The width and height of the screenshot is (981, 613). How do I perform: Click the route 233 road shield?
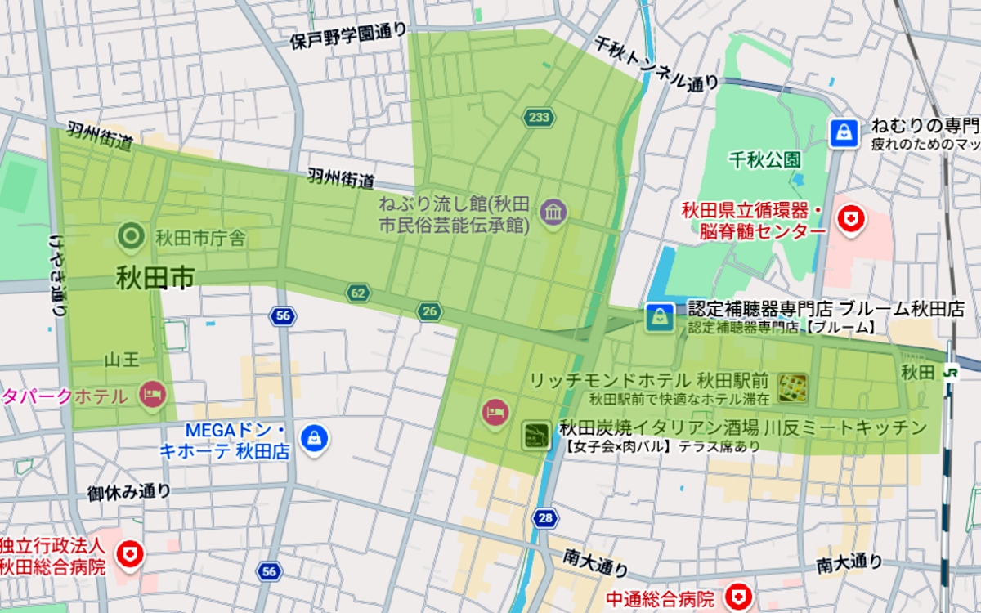coord(538,118)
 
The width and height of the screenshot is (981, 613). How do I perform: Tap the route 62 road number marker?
coord(357,293)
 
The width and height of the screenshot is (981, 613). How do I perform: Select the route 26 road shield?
coord(429,311)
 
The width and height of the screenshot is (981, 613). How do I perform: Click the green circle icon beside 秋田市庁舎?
coord(130,238)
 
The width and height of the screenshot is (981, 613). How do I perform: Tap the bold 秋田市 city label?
coord(155,278)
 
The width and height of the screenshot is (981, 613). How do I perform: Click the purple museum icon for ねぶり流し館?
coord(553,213)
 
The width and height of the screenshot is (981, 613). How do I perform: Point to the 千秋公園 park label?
coord(765,159)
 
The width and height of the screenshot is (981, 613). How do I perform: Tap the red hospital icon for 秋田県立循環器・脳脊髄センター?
coord(851,219)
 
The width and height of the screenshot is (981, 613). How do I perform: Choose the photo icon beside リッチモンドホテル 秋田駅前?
coord(792,388)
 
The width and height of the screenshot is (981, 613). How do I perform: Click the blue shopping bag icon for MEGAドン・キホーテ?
coord(313,439)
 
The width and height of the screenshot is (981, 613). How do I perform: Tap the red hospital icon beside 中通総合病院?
coord(738,597)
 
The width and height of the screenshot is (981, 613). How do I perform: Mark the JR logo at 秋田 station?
coord(950,372)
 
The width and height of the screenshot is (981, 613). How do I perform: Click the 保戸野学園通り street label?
coord(348,36)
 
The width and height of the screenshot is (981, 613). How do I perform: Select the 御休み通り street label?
coord(129,493)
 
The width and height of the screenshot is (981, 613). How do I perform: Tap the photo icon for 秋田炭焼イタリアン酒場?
coord(537,436)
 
